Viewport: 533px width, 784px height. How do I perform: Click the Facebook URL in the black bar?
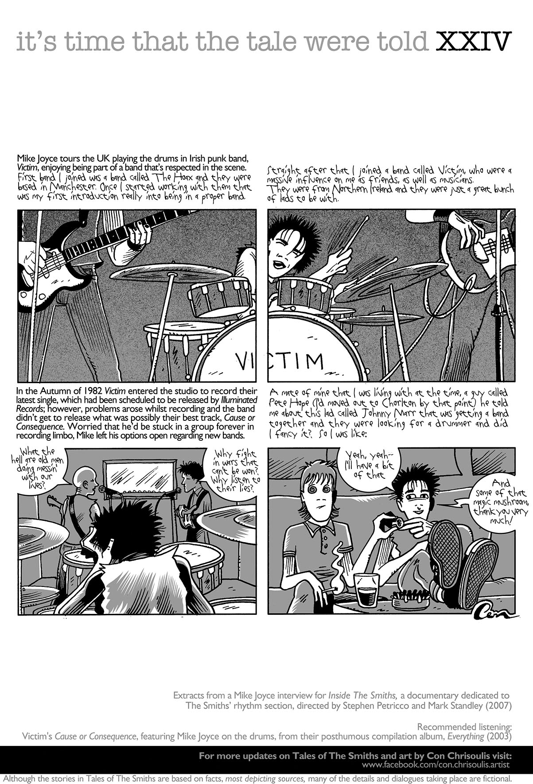coord(436,765)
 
